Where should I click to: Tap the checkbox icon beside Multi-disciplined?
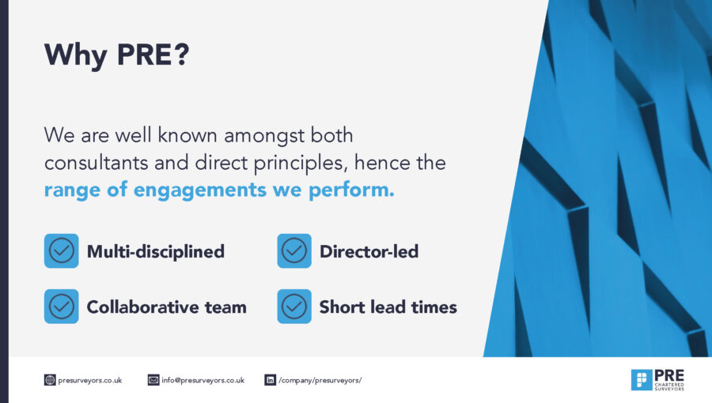[61, 250]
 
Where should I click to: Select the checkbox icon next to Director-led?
[294, 250]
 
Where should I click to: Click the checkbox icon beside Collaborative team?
[61, 307]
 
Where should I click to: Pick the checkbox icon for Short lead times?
[294, 307]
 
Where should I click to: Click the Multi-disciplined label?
[156, 252]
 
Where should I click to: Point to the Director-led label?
[369, 251]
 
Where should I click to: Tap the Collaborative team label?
[167, 307]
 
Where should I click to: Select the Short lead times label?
[388, 307]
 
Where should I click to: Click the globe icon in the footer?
[50, 380]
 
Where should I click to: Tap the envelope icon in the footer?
[153, 380]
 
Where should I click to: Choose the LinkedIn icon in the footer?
[271, 380]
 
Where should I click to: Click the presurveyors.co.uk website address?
[90, 380]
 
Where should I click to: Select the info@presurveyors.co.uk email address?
[203, 380]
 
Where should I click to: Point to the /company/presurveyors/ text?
[320, 380]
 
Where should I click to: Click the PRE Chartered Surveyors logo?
[657, 380]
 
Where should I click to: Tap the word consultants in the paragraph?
[97, 163]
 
